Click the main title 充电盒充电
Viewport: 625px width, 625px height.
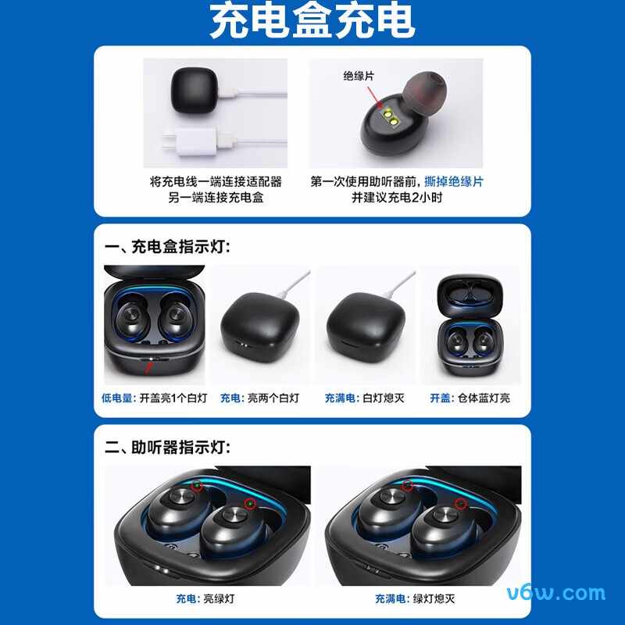pos(312,23)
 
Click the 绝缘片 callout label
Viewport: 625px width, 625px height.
pos(359,76)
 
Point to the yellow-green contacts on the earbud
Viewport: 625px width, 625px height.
pos(389,118)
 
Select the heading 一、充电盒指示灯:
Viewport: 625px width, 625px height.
pos(168,248)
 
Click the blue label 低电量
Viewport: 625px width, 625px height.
pos(117,398)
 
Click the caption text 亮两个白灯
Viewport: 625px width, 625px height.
pos(273,398)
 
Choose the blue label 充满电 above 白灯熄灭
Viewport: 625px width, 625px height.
pos(341,398)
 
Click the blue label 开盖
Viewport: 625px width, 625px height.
pos(440,398)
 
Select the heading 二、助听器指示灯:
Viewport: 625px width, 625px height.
pos(168,448)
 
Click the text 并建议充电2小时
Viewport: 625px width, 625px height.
pos(397,198)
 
